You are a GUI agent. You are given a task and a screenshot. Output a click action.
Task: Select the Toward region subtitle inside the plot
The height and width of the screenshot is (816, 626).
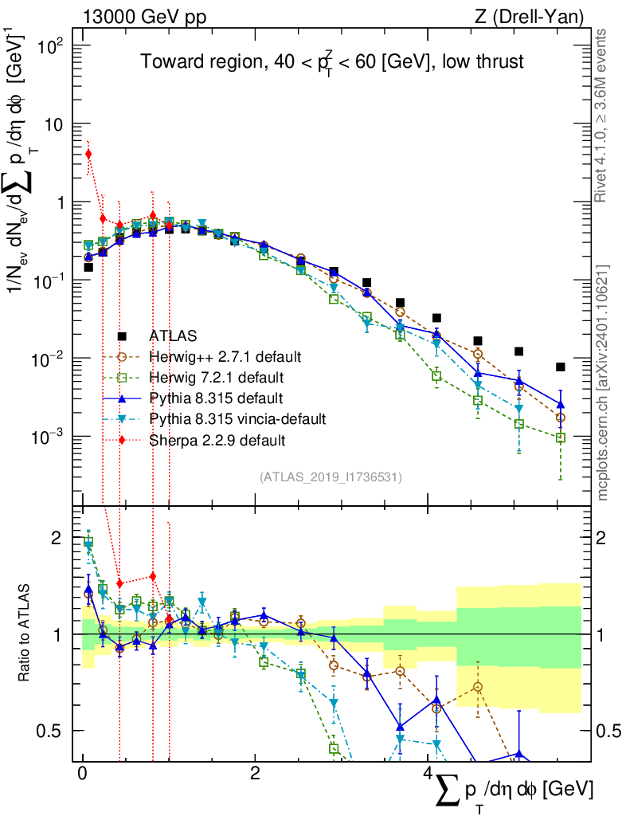point(332,61)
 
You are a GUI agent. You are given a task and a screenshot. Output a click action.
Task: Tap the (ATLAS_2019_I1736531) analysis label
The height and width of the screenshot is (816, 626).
point(331,477)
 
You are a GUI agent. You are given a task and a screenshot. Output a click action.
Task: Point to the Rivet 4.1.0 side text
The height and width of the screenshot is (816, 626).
point(603,115)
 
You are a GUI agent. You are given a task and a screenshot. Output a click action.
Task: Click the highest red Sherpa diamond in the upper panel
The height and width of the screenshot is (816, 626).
point(88,154)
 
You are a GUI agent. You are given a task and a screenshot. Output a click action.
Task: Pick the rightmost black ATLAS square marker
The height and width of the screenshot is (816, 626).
point(561,367)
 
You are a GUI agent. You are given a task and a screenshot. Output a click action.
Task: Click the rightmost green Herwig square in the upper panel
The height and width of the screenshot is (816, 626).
point(561,438)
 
